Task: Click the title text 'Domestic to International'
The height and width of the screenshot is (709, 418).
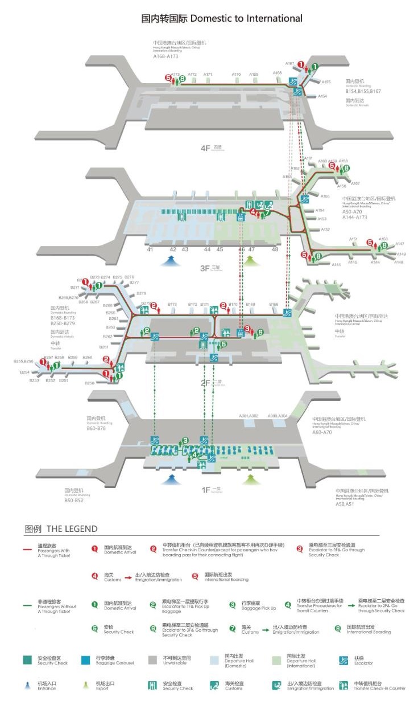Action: point(246,18)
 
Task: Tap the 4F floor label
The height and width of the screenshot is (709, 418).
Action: point(206,148)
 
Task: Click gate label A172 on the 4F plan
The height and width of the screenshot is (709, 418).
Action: point(192,75)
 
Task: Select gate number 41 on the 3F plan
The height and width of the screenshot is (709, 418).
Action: point(150,249)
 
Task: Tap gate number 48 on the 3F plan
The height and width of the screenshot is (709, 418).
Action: point(275,249)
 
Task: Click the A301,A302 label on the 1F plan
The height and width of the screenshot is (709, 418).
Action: point(249,416)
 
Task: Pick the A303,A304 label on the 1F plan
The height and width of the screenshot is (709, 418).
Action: point(278,416)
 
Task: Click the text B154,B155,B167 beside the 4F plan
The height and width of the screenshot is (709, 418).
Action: point(363,91)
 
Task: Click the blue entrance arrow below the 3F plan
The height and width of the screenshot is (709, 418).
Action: point(169,261)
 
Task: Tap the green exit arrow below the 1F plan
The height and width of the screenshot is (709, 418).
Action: point(249,480)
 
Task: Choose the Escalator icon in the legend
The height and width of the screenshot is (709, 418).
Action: point(343,660)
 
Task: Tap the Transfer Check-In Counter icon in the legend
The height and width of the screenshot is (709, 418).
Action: point(343,685)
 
